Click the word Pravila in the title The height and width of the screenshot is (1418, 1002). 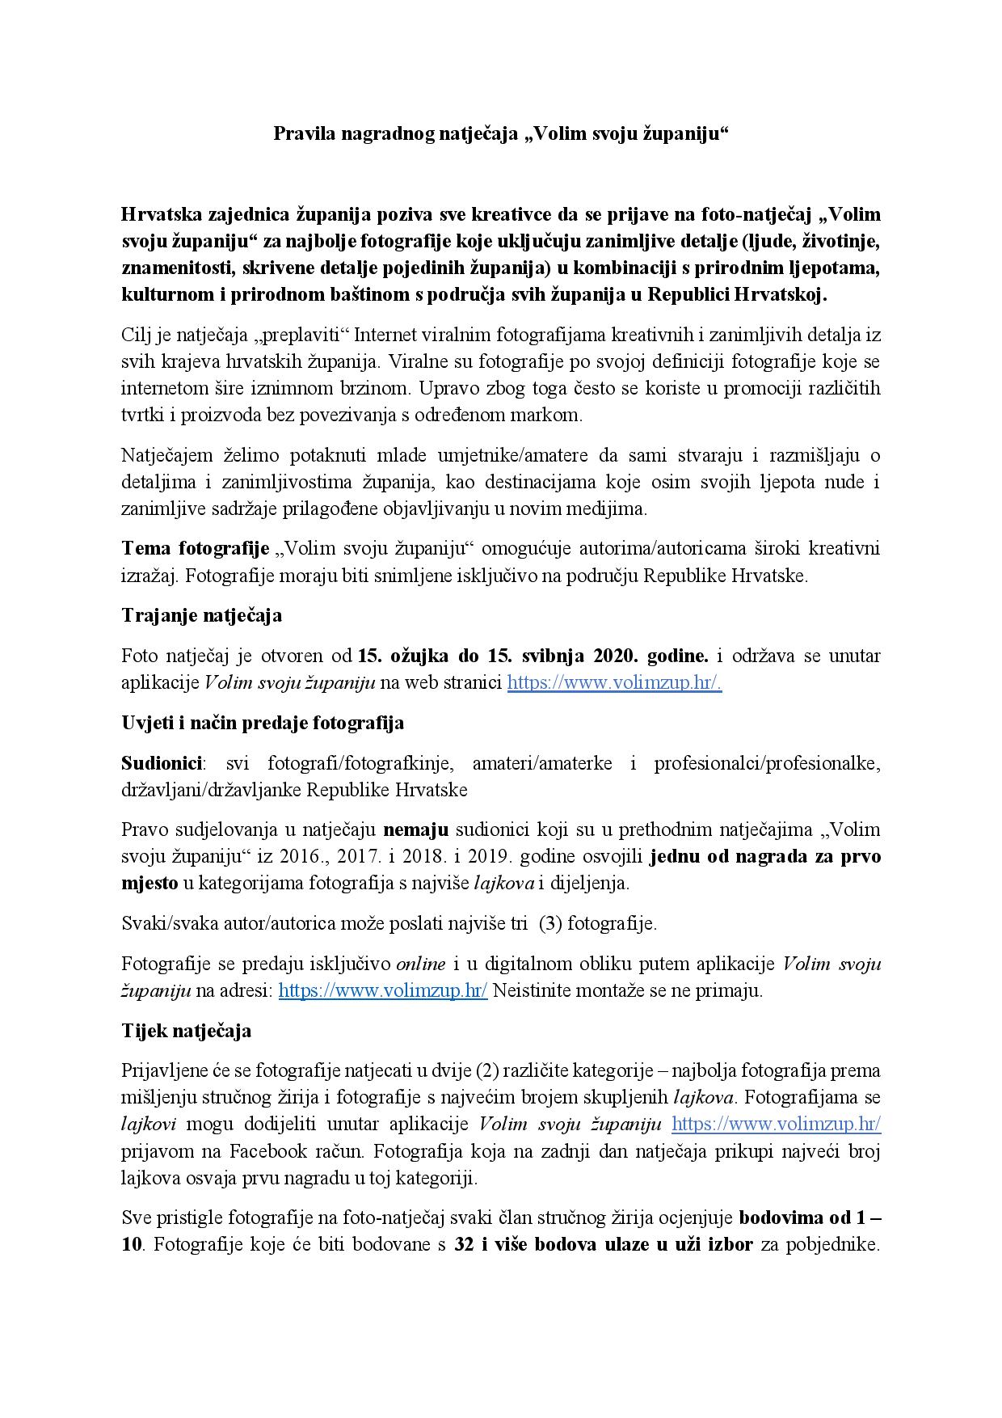(301, 133)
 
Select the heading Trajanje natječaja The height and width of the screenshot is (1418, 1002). (201, 615)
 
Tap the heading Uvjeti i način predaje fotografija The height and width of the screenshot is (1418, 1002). (263, 722)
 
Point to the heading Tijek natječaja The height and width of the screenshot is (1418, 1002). (186, 1031)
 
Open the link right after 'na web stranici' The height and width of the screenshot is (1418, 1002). (614, 682)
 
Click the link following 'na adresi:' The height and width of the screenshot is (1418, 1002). (382, 990)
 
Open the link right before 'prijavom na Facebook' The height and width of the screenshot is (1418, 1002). (776, 1124)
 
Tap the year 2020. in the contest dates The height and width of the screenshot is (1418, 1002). (618, 655)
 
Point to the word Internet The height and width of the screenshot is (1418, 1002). (386, 335)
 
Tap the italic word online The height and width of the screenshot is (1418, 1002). (419, 964)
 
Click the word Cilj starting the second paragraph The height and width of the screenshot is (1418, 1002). (137, 335)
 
